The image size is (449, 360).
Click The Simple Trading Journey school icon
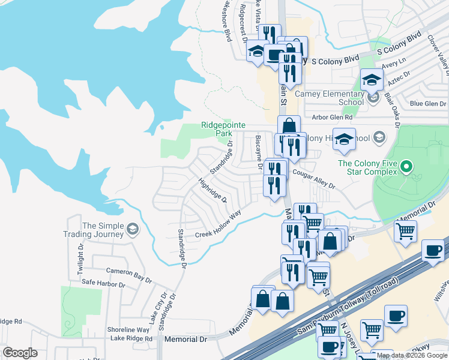pyautogui.click(x=131, y=229)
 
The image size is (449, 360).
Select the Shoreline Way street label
pyautogui.click(x=128, y=329)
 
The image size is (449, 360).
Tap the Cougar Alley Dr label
pyautogui.click(x=313, y=179)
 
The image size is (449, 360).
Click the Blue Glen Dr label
pyautogui.click(x=427, y=104)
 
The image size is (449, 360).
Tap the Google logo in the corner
pyautogui.click(x=19, y=353)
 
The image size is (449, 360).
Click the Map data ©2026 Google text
pyautogui.click(x=411, y=355)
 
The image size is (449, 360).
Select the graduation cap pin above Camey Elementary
pyautogui.click(x=372, y=80)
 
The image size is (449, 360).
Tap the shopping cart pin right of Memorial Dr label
pyautogui.click(x=406, y=230)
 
